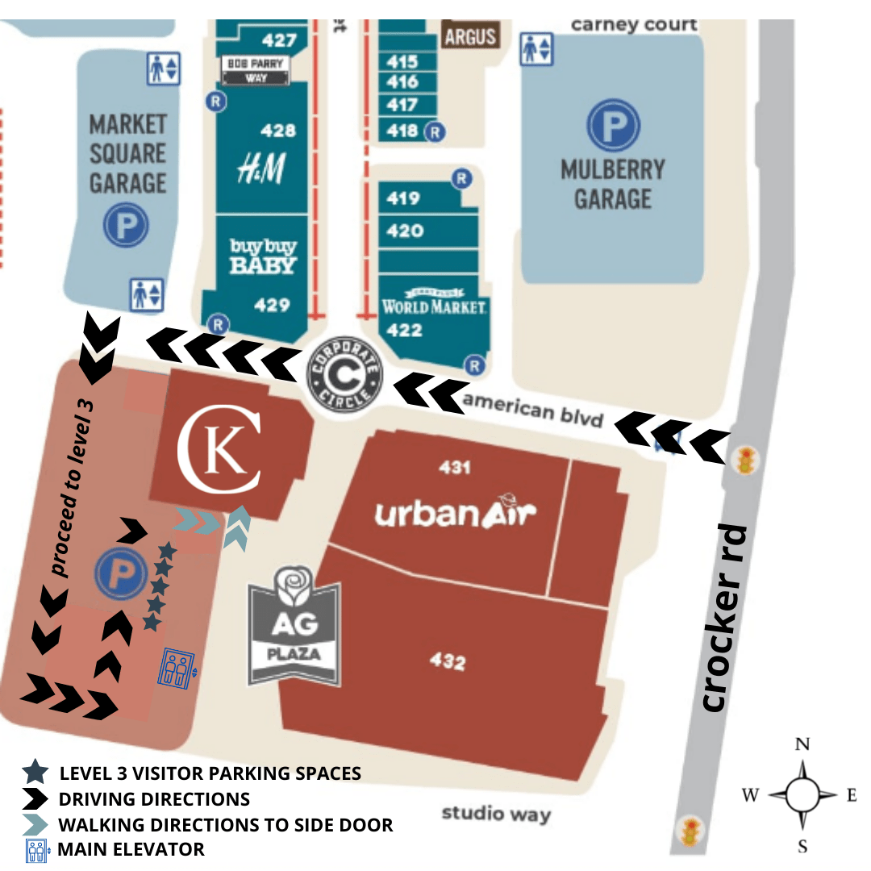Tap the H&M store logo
coord(261,169)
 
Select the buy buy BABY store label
coord(263,256)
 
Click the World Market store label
coord(434,306)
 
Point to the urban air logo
coord(456,511)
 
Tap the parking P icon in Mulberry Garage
coord(613,126)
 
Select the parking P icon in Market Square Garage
coord(126,225)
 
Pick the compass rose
coord(802,794)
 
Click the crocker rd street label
coord(723,618)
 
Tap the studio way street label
coord(496,813)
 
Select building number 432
coord(448,662)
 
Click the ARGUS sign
coord(469,35)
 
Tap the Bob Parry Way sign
coord(256,70)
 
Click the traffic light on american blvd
coord(747,461)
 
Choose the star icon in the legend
coord(35,773)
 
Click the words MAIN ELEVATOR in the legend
coord(131,848)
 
